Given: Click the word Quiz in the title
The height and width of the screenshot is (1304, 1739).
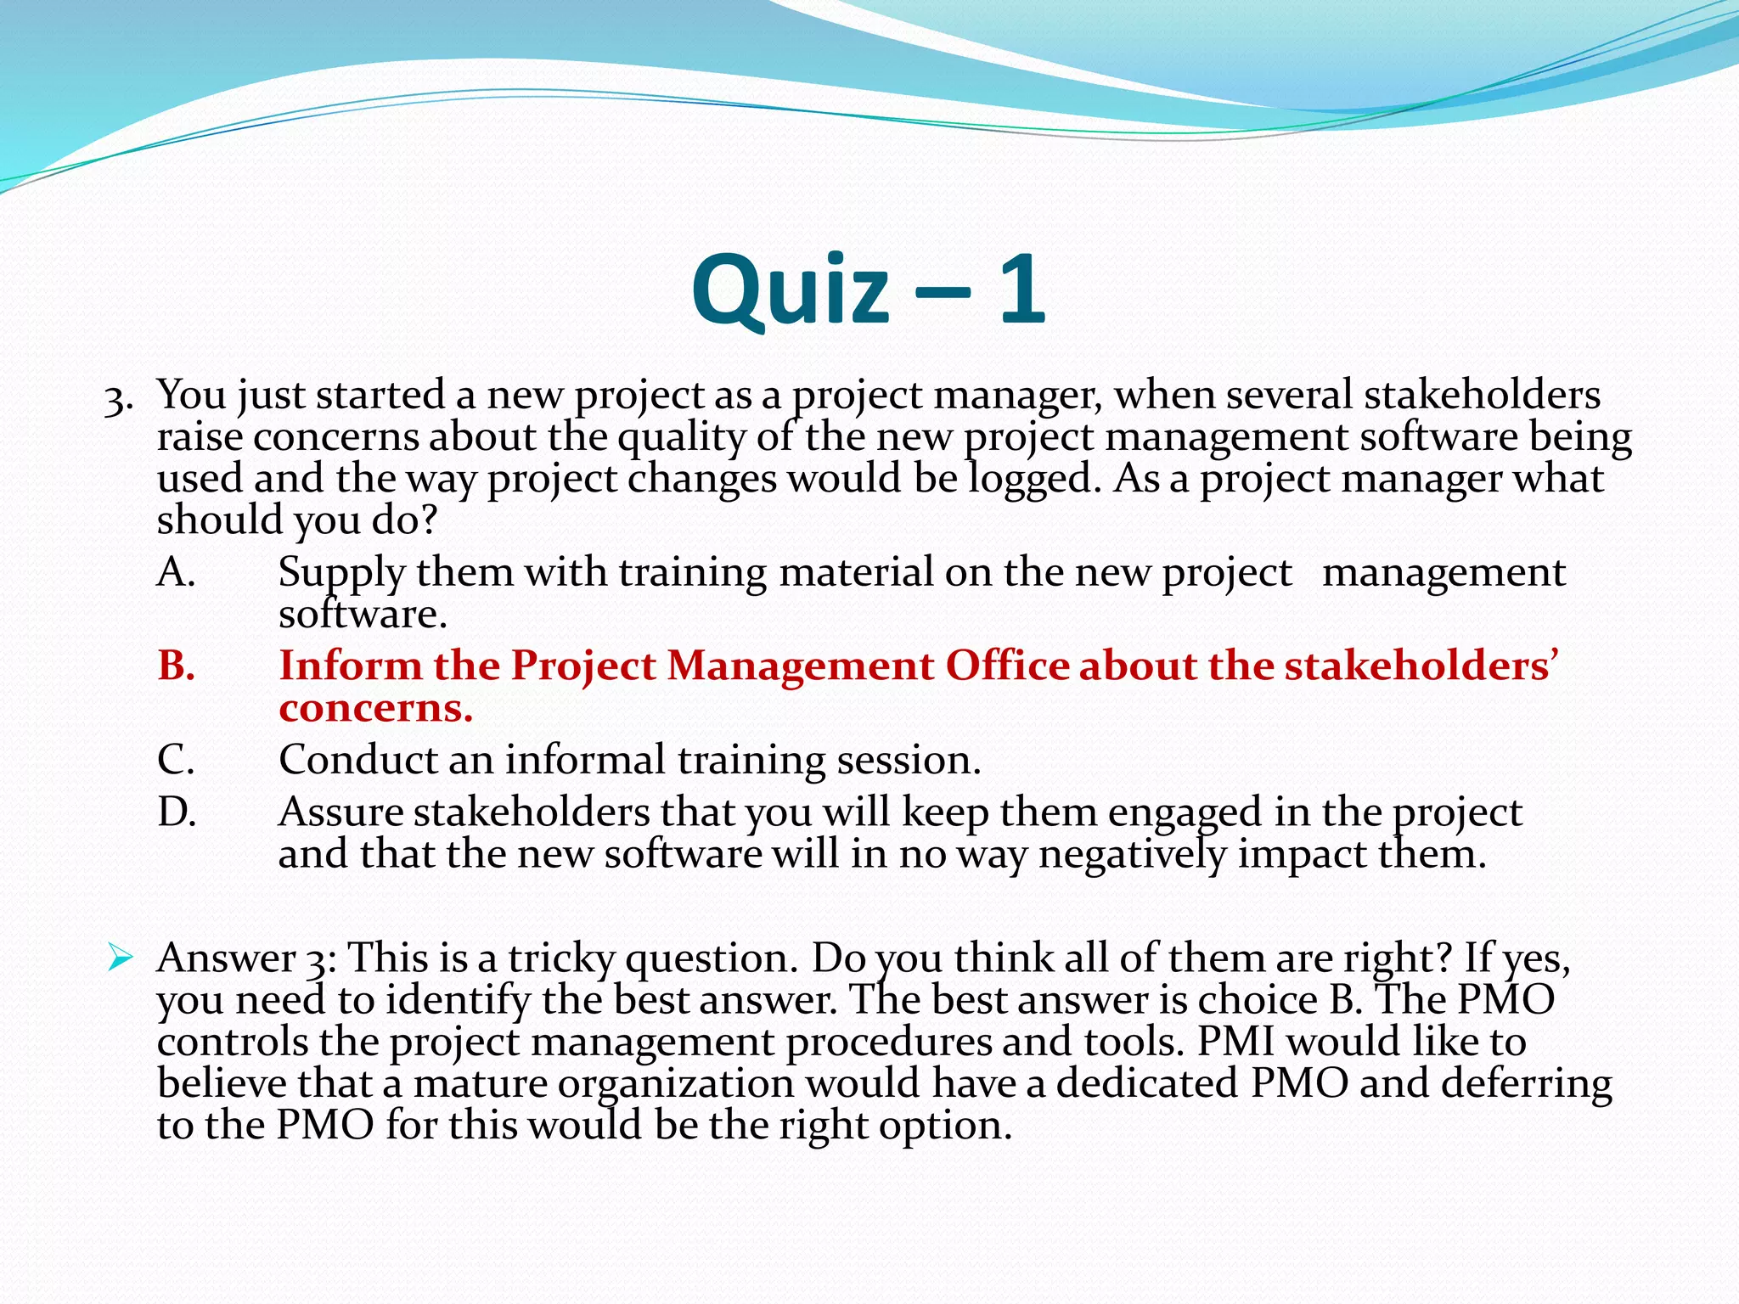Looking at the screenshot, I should click(x=791, y=290).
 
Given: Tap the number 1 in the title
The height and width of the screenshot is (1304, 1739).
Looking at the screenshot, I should click(x=1021, y=290).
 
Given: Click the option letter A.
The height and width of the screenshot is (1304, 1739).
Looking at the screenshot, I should click(x=177, y=573).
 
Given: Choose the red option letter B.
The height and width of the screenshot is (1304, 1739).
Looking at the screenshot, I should click(x=177, y=666).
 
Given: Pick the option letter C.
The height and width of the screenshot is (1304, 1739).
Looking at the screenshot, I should click(x=177, y=760).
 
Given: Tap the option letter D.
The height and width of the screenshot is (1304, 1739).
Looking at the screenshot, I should click(x=177, y=812).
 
